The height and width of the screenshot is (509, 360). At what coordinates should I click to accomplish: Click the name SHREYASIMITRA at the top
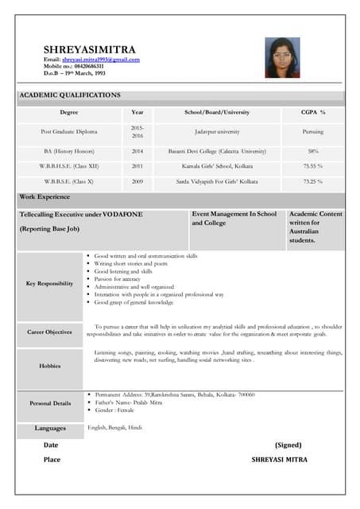pos(89,49)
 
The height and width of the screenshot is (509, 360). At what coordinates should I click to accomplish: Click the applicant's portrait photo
pos(282,57)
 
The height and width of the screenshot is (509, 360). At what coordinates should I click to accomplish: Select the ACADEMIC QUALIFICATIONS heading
pos(70,95)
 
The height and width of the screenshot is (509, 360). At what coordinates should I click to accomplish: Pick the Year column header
pos(137,113)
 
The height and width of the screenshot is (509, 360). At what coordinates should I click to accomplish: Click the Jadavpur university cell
pos(217,131)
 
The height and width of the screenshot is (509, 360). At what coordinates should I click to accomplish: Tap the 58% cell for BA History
pos(313,150)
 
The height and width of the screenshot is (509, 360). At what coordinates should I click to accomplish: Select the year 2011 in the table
pos(137,166)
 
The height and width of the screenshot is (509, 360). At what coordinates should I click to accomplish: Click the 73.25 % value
pos(313,181)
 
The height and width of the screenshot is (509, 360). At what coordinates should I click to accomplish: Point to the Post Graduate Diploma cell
pos(69,131)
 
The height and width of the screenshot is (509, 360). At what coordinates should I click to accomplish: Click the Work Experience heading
pos(45,196)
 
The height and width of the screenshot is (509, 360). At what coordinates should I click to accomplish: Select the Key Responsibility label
pos(49,283)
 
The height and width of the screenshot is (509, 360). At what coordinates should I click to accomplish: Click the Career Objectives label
pos(49,332)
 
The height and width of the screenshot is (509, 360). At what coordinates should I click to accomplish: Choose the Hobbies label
pos(49,366)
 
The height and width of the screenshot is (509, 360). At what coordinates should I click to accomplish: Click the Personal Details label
pos(49,403)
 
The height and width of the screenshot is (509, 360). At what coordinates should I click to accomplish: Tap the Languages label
pos(50,429)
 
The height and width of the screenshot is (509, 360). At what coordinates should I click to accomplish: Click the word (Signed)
pos(288,445)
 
